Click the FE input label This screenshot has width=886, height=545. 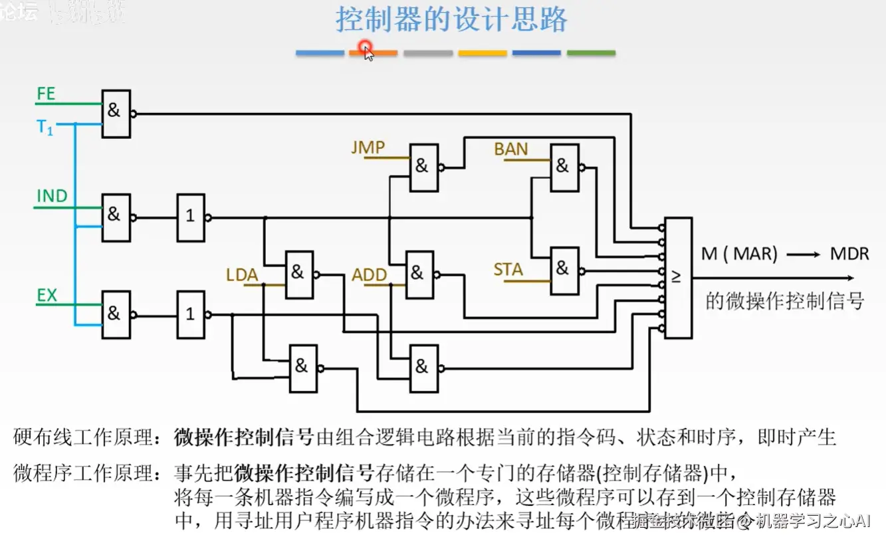click(46, 94)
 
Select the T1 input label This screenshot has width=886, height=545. click(45, 128)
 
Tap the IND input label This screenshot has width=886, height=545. click(52, 197)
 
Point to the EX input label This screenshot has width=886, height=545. click(47, 296)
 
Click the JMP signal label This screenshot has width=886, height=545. click(368, 148)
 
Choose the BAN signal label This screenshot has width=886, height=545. click(511, 150)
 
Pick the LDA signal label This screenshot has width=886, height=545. click(242, 275)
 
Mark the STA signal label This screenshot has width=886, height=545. click(508, 270)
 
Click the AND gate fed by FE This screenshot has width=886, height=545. click(116, 114)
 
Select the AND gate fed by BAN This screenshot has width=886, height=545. click(564, 167)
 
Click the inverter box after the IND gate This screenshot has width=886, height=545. click(191, 217)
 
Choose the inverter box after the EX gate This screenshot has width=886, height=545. click(191, 314)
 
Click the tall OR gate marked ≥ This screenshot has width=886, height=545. click(678, 277)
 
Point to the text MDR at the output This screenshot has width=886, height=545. click(849, 254)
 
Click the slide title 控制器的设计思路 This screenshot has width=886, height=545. click(451, 20)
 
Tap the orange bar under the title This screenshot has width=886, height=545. click(374, 53)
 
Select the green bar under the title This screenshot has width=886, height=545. click(591, 53)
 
